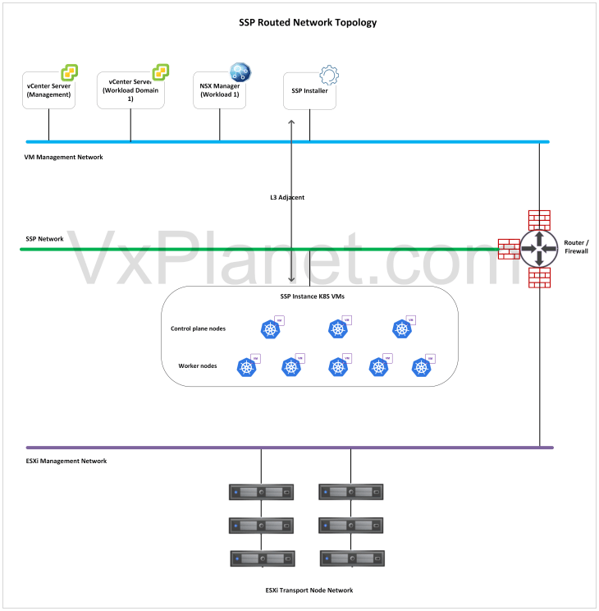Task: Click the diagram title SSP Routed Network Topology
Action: pos(302,22)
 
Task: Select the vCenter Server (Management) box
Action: pos(48,91)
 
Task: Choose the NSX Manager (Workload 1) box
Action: pos(220,90)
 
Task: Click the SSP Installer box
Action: pos(309,92)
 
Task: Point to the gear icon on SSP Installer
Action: pos(328,76)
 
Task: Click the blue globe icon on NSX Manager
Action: pos(240,72)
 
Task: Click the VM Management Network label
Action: pos(64,156)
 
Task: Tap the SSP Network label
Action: pos(44,239)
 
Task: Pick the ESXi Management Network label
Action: pos(66,461)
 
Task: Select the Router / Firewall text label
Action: pos(576,247)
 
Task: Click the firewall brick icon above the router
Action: pos(539,219)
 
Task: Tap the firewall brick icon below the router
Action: pos(539,278)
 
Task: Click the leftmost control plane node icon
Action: pos(271,329)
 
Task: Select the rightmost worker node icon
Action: pos(422,368)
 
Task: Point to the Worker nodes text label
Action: pos(197,365)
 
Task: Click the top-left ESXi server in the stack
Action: pos(261,493)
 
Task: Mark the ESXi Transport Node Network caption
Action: pos(309,590)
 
